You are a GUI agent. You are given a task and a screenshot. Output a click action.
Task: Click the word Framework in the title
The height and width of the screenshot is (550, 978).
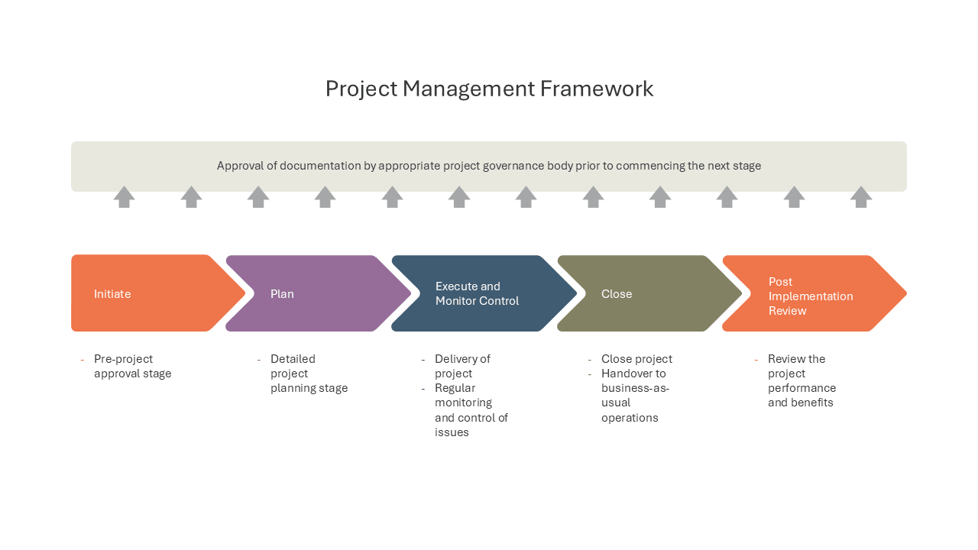[x=597, y=89]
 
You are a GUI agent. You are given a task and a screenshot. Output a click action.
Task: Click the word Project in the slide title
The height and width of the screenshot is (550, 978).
[x=361, y=89]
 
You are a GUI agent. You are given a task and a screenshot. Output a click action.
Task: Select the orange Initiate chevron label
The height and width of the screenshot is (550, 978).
[x=112, y=294]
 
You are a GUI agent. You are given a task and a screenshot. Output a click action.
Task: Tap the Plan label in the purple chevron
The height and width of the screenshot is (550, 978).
[x=282, y=294]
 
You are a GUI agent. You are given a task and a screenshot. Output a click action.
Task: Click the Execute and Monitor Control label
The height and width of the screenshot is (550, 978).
[x=477, y=293]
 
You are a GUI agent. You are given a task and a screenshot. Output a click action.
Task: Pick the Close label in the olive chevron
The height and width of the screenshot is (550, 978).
[x=617, y=294]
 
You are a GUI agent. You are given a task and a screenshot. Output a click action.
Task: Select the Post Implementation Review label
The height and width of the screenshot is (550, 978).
[x=811, y=296]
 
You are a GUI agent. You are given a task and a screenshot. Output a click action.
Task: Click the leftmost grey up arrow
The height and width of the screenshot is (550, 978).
[x=124, y=197]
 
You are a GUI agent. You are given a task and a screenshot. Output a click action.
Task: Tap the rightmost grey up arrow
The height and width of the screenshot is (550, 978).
[x=861, y=197]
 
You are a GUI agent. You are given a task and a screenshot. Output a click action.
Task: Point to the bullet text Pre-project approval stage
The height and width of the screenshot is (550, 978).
[x=132, y=366]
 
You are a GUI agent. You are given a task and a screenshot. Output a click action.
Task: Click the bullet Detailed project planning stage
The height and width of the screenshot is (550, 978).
[x=309, y=374]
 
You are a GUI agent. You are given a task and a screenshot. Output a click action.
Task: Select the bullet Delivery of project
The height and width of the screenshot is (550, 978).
[x=462, y=366]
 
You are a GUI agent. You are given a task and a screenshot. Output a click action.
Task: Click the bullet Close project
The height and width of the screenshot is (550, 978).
[x=636, y=359]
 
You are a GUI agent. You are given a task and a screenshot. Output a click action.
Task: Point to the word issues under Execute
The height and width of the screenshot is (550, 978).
[x=452, y=432]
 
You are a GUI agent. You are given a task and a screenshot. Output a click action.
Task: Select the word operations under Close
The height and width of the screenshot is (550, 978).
[x=630, y=418]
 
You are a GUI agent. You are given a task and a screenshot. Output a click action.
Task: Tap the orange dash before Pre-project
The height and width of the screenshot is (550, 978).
[x=82, y=360]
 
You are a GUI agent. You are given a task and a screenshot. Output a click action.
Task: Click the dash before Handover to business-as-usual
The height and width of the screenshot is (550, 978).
[x=589, y=374]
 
